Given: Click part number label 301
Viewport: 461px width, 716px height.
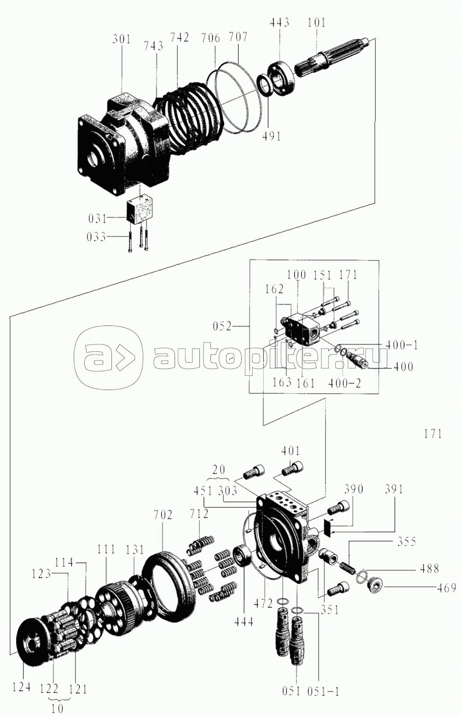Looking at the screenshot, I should [122, 39].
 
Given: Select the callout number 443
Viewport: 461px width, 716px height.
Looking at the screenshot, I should [280, 22].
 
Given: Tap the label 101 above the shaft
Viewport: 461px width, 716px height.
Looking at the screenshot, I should [317, 22].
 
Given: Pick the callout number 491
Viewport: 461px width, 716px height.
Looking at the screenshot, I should [271, 136].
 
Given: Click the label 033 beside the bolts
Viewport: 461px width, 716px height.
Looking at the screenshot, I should [96, 237].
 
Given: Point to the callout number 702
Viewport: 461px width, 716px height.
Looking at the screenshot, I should [163, 514].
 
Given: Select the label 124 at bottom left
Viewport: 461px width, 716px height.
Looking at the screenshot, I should [22, 687].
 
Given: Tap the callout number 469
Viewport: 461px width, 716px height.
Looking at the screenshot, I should [446, 588].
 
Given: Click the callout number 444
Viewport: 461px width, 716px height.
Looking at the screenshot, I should [243, 621].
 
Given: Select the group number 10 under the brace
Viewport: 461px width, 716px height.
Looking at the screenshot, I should [57, 708].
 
